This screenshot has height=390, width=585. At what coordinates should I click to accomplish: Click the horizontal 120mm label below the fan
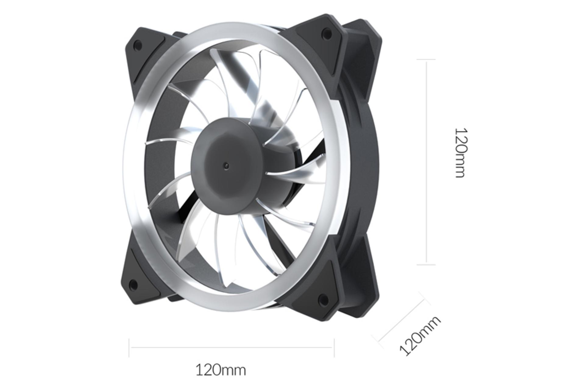click(x=220, y=370)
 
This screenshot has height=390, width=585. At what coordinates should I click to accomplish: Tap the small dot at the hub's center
click(x=226, y=166)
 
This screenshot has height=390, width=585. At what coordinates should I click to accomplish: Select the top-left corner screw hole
click(x=138, y=45)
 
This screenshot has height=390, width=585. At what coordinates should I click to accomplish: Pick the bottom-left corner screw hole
click(x=133, y=285)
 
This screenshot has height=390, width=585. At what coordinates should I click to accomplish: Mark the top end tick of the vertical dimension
click(x=426, y=59)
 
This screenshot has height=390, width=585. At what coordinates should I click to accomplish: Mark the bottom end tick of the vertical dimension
click(x=426, y=264)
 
